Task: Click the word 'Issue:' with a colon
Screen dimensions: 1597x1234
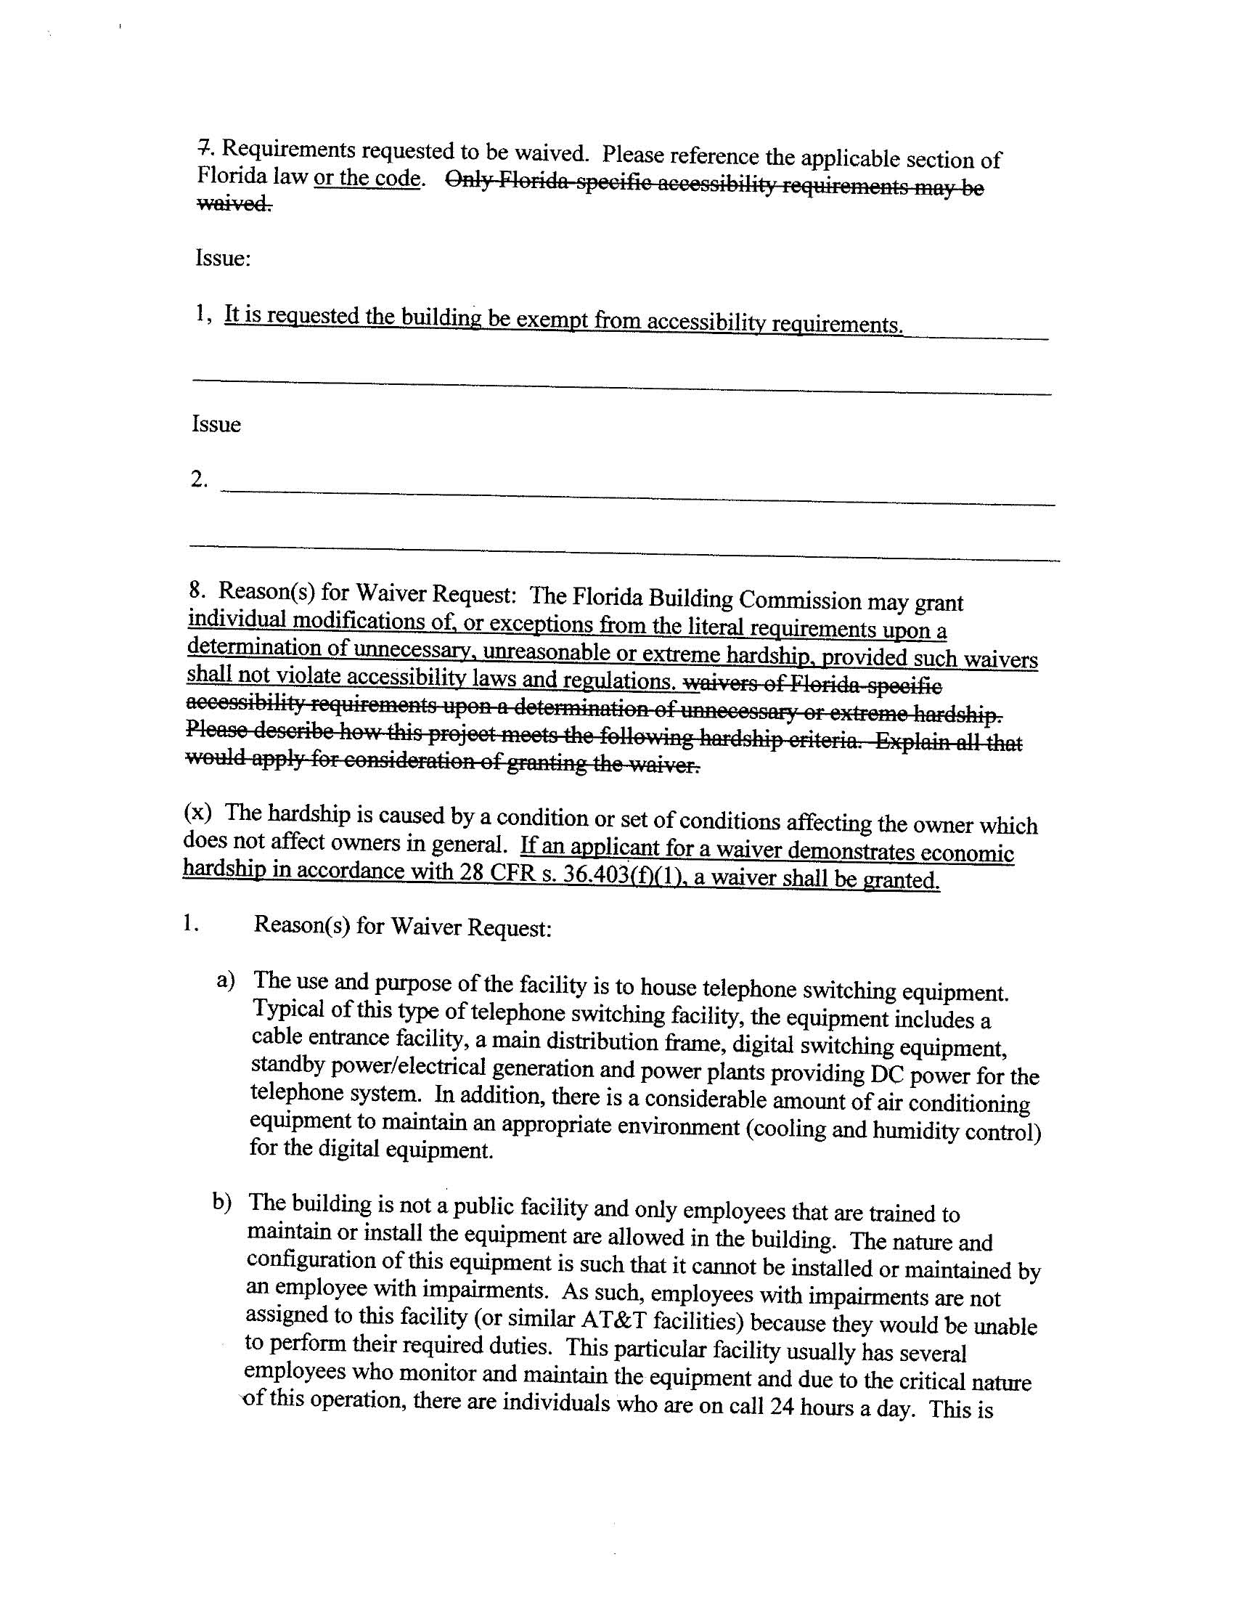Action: pos(223,259)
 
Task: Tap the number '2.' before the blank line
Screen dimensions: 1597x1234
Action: pos(200,481)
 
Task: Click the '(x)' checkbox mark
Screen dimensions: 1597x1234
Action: pos(198,813)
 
